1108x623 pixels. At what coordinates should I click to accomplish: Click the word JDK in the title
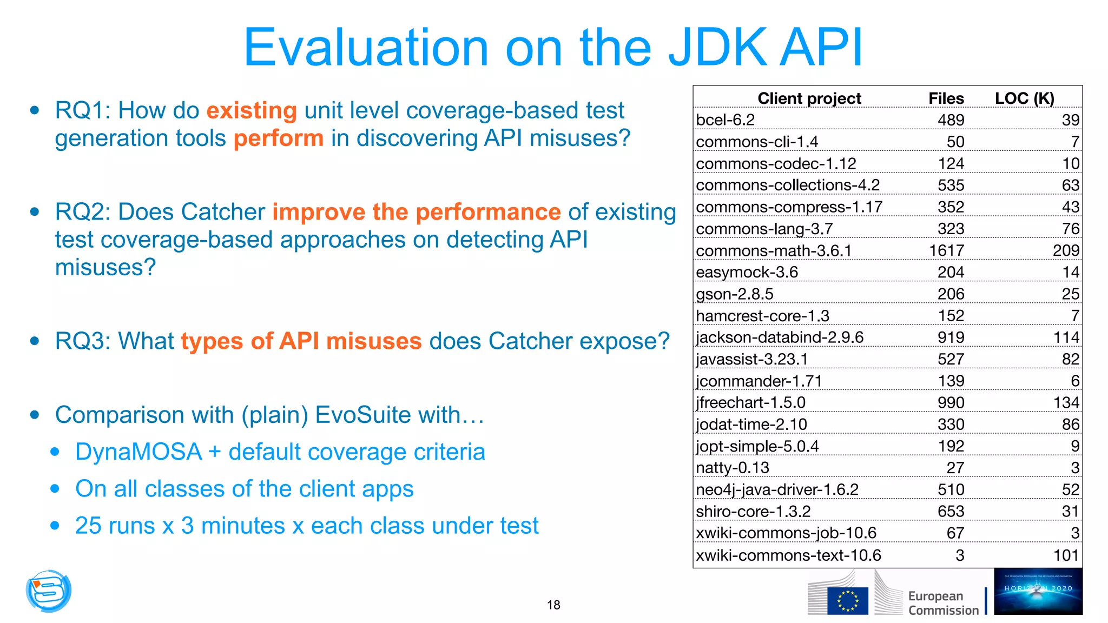(717, 48)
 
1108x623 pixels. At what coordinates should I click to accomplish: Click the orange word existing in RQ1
(251, 110)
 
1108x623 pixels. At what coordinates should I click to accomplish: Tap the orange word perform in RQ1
(278, 138)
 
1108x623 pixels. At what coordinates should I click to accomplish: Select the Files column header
(946, 98)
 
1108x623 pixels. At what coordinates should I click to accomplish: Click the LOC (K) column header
(1024, 98)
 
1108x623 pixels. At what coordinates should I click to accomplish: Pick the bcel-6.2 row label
(725, 120)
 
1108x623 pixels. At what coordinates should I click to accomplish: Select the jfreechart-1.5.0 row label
(750, 402)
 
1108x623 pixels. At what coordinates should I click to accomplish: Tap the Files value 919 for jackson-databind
(951, 337)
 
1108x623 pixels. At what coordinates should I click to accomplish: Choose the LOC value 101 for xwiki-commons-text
(1066, 555)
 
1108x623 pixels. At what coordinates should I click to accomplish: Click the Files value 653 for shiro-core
(951, 511)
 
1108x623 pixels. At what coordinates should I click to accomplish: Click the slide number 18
(553, 605)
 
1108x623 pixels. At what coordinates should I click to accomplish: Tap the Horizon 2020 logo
(1038, 592)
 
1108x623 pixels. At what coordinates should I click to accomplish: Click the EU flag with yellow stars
(847, 601)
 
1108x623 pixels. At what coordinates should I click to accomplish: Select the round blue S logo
(49, 591)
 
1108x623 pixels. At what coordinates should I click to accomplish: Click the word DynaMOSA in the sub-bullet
(138, 452)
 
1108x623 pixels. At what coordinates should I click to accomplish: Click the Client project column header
(809, 98)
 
